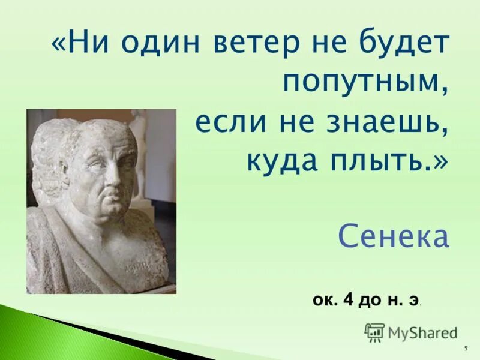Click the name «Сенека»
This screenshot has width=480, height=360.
point(393,237)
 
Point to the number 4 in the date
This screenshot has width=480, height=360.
point(347,299)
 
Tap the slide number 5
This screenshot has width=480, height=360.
point(466,349)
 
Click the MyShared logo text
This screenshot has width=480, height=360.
point(422,332)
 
